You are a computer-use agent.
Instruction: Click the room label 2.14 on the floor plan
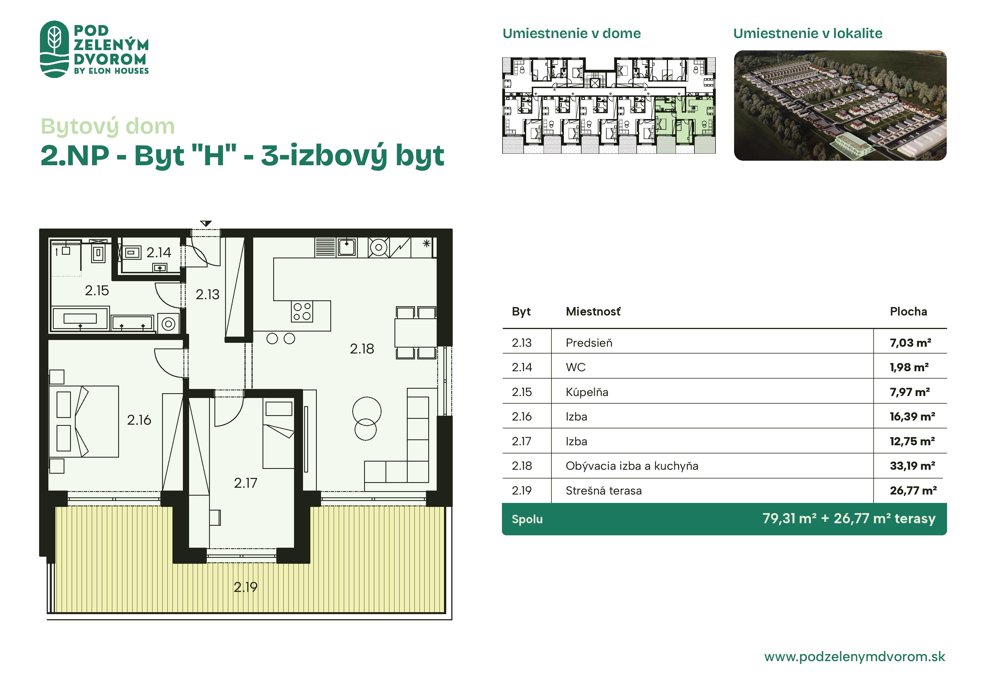click(159, 252)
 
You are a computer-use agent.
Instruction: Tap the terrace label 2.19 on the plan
click(245, 587)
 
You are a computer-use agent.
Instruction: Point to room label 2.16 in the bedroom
click(139, 420)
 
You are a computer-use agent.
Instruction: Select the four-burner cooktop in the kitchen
click(302, 311)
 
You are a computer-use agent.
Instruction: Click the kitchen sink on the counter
click(346, 247)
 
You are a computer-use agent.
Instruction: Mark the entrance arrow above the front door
click(206, 223)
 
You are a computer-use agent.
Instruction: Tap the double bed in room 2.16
click(84, 421)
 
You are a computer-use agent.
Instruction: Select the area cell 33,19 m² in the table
click(912, 466)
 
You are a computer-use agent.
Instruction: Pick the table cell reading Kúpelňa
click(587, 392)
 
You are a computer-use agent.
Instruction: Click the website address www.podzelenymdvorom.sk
click(854, 657)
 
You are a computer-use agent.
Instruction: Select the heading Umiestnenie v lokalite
click(808, 33)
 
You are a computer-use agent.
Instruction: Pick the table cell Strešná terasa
click(604, 491)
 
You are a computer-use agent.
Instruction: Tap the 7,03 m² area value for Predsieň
click(910, 343)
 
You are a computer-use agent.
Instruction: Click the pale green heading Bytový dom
click(107, 126)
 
